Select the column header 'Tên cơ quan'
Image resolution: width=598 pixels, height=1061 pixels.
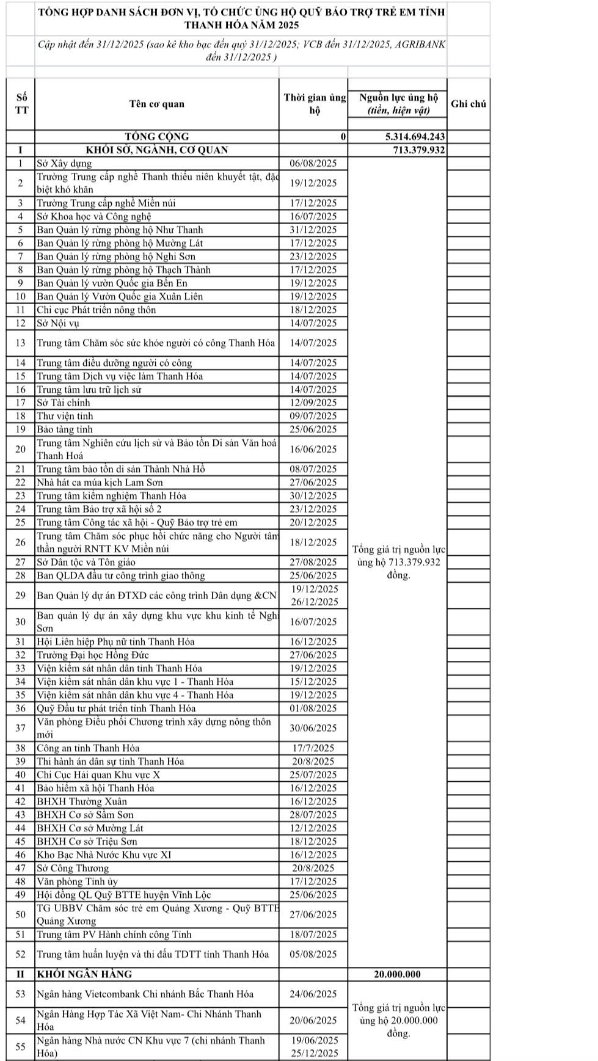pos(156,104)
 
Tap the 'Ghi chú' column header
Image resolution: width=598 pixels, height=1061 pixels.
pos(469,104)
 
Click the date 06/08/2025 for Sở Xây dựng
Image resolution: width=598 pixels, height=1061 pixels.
pos(313,163)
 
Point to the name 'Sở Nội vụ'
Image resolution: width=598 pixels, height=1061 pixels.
pos(58,323)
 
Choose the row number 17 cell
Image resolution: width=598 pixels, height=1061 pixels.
pos(21,403)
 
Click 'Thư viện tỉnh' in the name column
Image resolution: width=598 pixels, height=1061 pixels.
pos(65,416)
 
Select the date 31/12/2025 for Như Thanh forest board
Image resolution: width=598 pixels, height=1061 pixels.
pos(313,230)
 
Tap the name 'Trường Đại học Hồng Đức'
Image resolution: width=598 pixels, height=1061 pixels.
pos(93,655)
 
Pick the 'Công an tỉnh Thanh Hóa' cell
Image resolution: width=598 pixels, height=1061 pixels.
pos(88,748)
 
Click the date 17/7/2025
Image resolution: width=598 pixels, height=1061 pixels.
pos(313,748)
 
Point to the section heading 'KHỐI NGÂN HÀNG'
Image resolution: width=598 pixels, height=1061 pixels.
pos(84,974)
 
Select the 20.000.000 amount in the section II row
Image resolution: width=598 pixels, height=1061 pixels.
pos(397,974)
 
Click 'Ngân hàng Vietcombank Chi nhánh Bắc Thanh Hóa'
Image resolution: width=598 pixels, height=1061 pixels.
pos(145,994)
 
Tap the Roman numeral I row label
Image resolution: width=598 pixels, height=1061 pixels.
pos(21,150)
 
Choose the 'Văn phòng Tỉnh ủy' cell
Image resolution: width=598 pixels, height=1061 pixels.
pos(77,881)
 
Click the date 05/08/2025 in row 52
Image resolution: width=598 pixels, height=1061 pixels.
pos(313,954)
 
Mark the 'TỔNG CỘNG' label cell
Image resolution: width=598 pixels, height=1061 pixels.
pos(156,137)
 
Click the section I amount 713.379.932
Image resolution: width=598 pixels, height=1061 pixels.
pos(419,150)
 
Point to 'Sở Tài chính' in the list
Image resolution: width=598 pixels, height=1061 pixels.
pos(63,403)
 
